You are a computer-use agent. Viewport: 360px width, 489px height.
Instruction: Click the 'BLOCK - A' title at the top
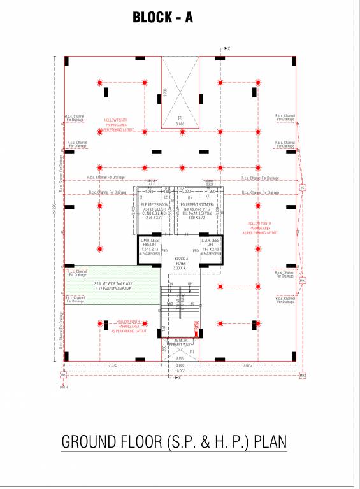click(162, 18)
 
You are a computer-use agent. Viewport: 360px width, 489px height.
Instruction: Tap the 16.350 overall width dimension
click(180, 370)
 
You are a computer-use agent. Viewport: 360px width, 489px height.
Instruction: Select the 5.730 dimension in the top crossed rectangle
click(165, 92)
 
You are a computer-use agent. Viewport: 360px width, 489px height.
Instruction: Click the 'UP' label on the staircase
click(189, 283)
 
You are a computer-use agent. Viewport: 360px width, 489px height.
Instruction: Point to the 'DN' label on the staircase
click(170, 283)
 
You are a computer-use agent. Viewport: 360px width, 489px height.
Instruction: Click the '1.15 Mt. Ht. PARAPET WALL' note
click(180, 343)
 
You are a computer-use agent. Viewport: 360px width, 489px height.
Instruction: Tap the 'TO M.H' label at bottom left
click(62, 386)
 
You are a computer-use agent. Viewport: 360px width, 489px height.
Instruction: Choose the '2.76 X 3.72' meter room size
click(155, 218)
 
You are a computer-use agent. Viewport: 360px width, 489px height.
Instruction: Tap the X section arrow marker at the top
click(228, 48)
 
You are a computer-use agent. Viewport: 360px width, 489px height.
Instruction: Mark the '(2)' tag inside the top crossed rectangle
click(180, 117)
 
